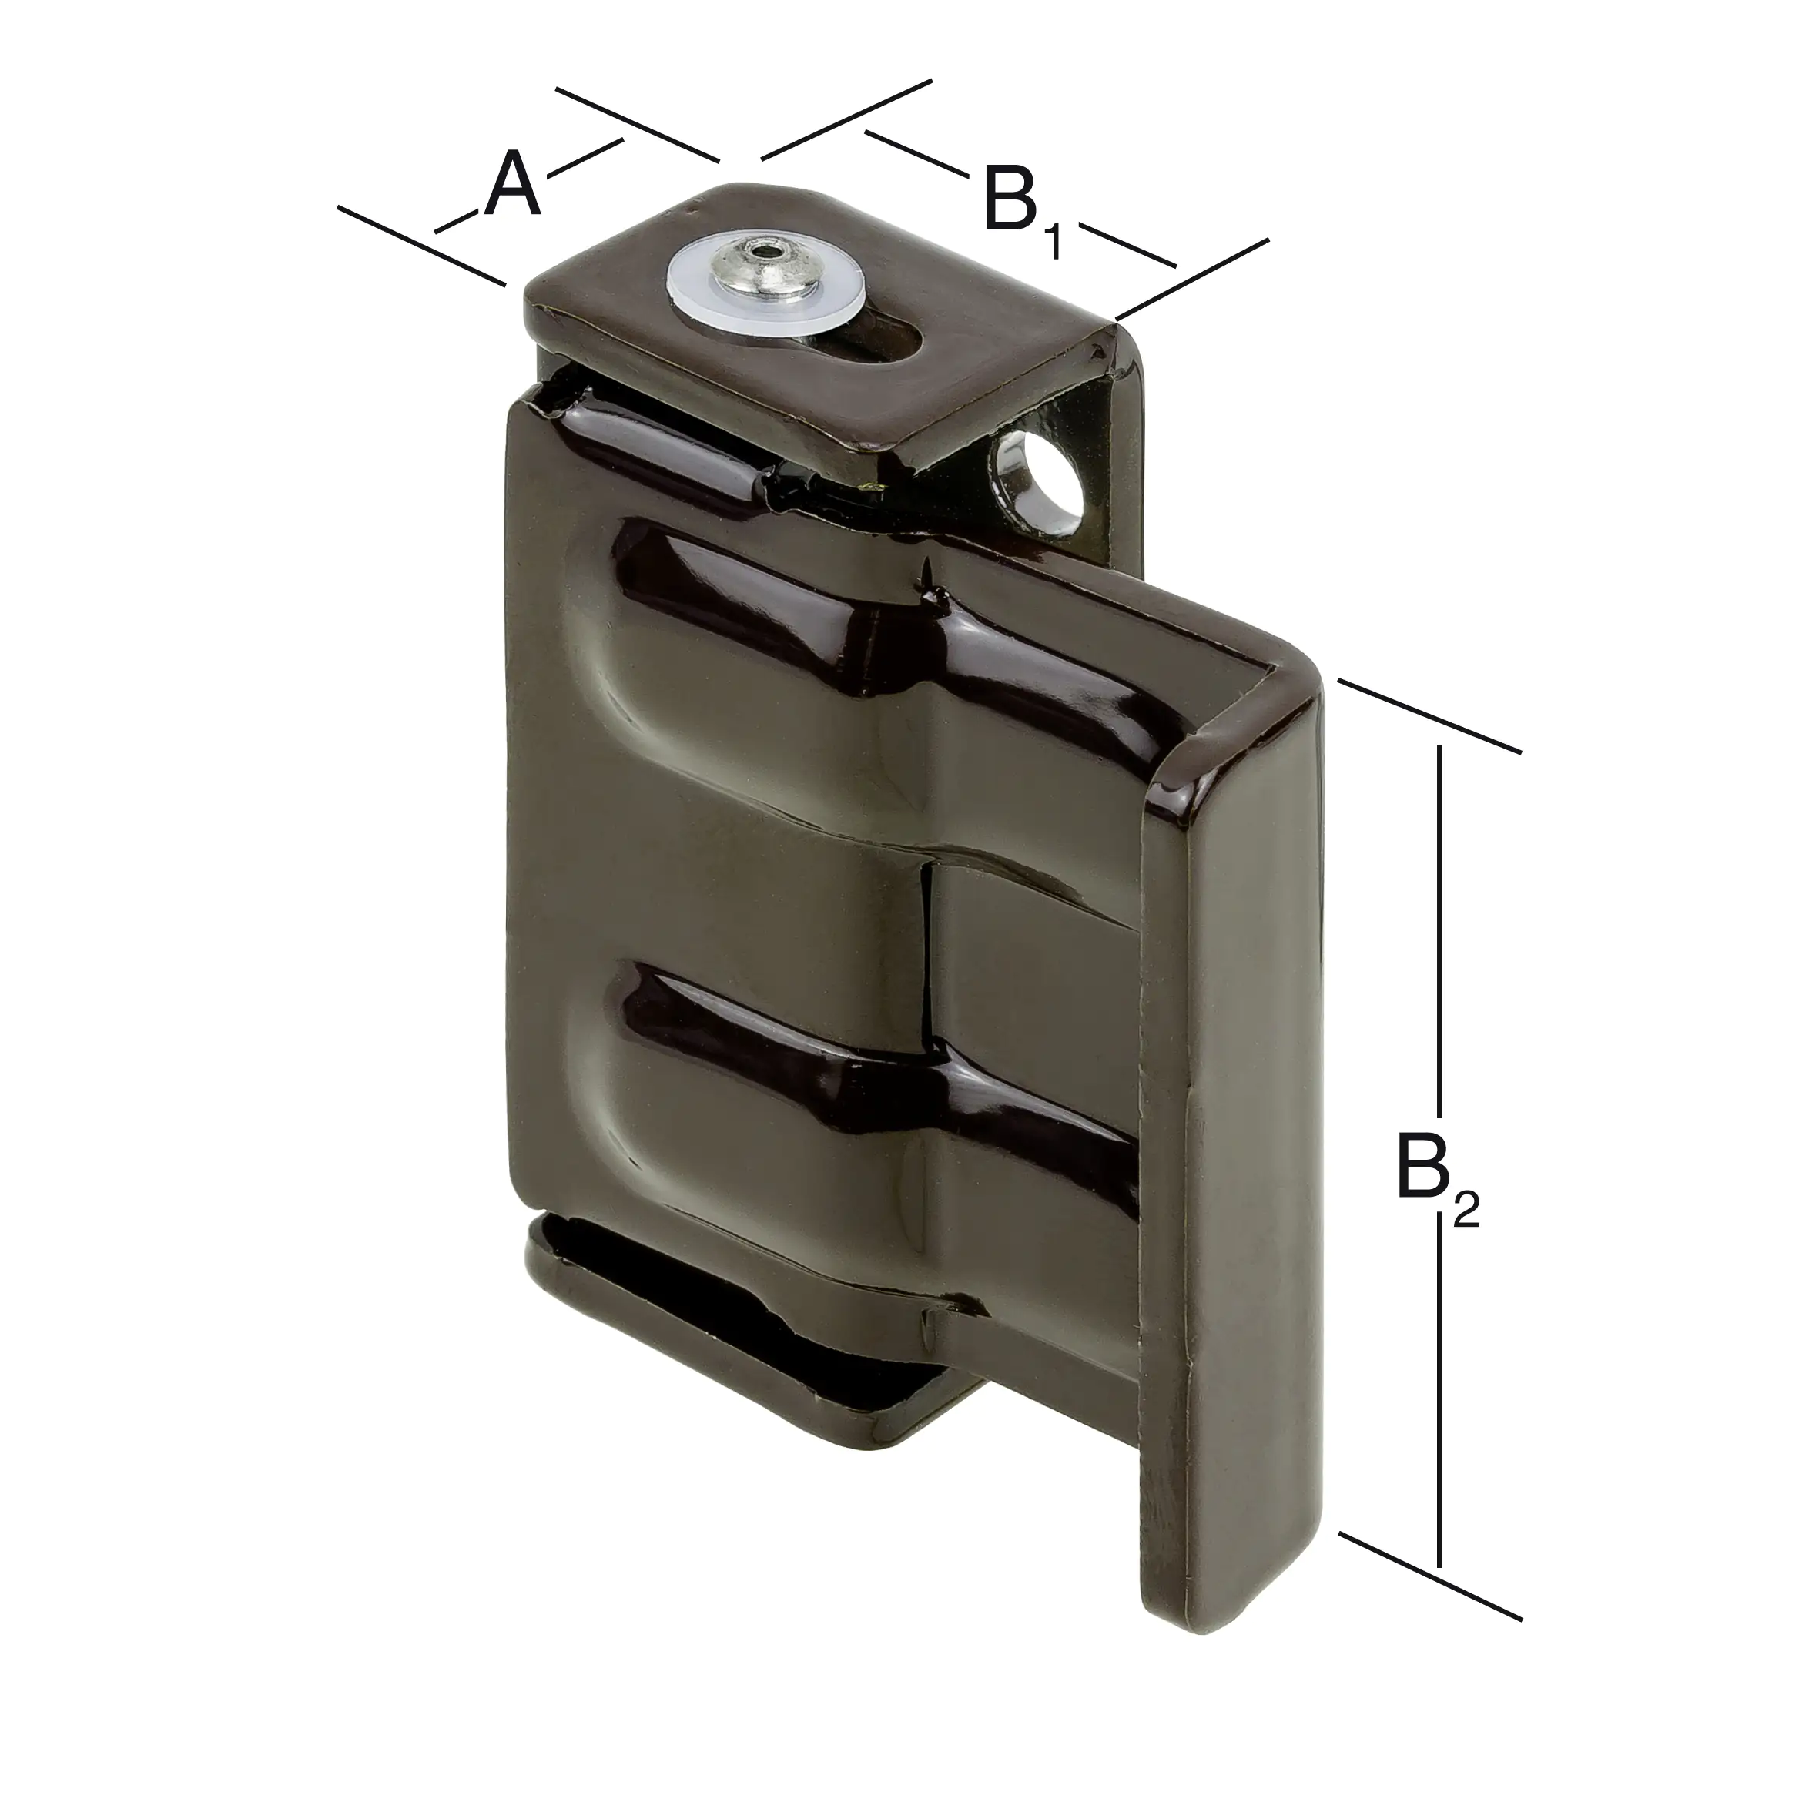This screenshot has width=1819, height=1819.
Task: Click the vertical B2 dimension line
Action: pos(1439,942)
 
